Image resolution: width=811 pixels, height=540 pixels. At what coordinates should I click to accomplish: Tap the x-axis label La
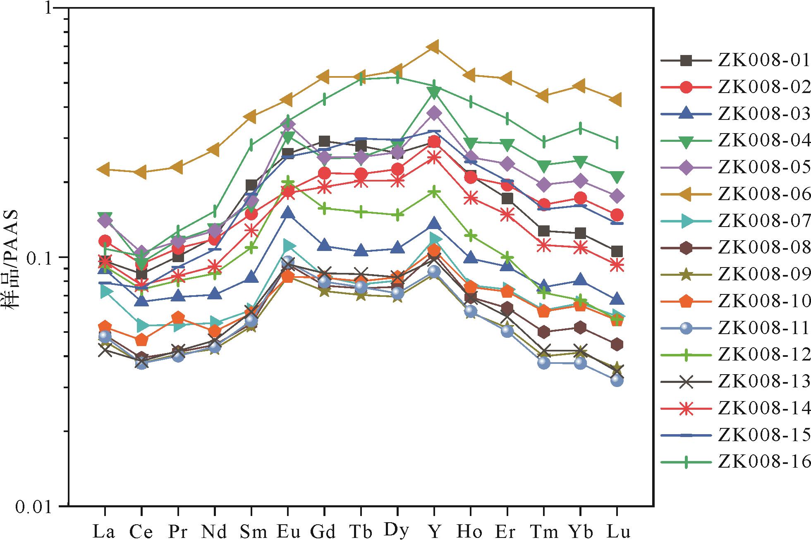(x=104, y=531)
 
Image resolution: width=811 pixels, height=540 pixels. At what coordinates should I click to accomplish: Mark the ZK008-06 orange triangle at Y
(x=433, y=47)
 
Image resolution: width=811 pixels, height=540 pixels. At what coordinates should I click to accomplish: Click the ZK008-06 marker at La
(x=105, y=169)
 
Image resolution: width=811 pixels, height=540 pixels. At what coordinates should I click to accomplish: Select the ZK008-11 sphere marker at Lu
(x=617, y=380)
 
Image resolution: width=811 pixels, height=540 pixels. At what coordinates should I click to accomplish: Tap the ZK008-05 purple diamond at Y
(x=433, y=113)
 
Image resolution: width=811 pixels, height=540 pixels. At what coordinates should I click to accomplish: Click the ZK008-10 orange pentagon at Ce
(x=141, y=340)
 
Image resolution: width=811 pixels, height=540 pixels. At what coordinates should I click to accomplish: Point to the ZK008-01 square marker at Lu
(x=617, y=251)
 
